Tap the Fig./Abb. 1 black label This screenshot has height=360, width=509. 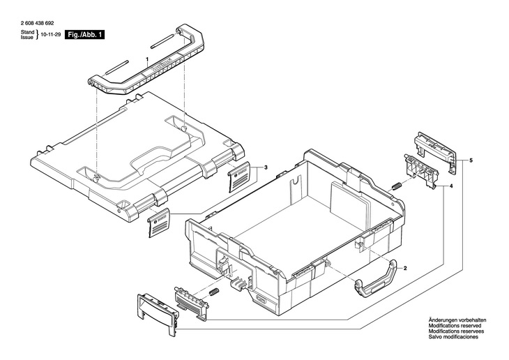coord(84,33)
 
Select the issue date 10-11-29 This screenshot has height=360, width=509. coord(50,33)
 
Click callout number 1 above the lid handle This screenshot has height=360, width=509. coord(147,60)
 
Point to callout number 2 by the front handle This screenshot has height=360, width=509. coord(405,267)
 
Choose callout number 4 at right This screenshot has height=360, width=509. coord(451,186)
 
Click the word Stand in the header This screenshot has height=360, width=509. coord(26,31)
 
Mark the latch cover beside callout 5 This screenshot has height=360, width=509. coord(434,149)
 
